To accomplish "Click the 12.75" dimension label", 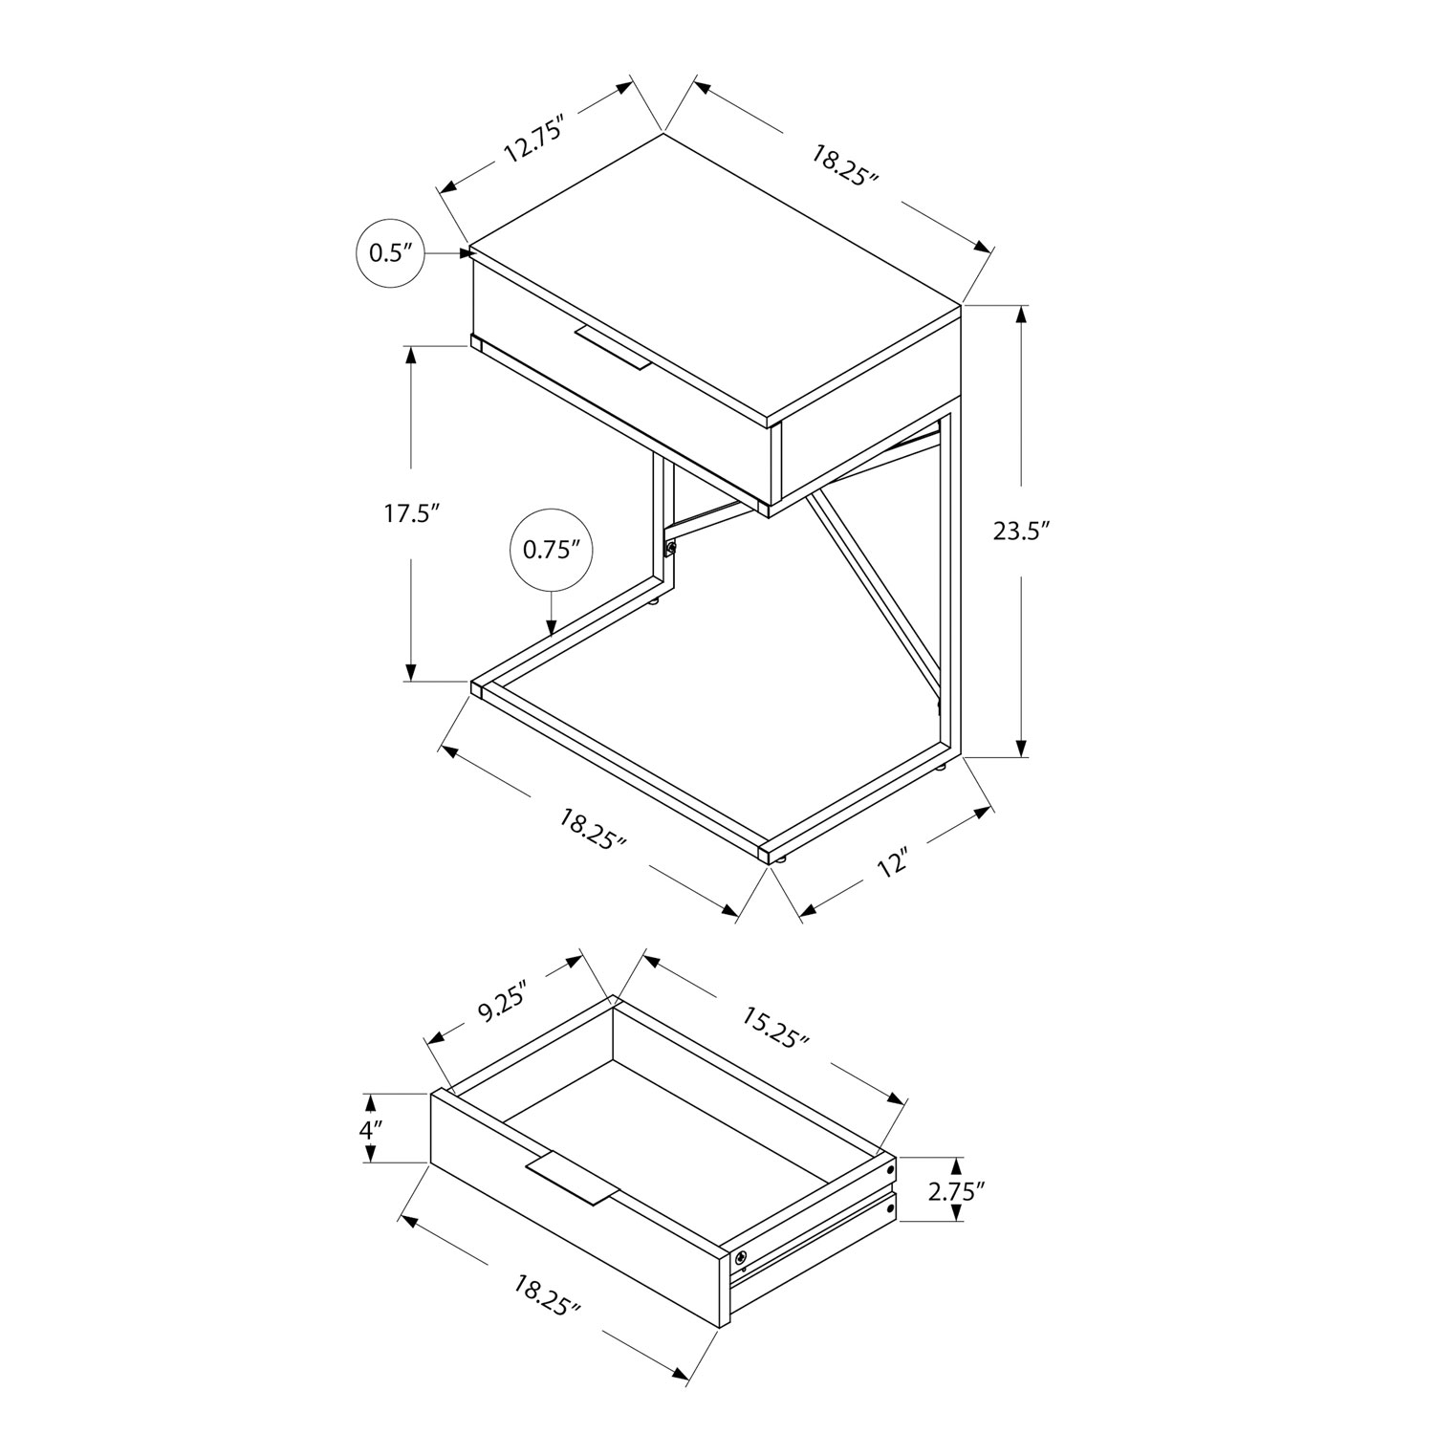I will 531,140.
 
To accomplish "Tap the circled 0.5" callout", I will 389,253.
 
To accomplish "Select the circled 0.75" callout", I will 552,550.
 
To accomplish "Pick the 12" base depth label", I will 891,865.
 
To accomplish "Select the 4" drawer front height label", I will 370,1128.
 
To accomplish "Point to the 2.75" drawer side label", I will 957,1189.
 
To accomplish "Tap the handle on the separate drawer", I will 572,1178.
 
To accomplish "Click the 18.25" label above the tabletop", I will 845,166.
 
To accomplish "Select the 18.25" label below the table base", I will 592,829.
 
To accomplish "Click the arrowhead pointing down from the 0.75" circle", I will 552,626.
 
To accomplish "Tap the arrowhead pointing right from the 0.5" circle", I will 466,252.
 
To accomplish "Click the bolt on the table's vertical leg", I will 670,549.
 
